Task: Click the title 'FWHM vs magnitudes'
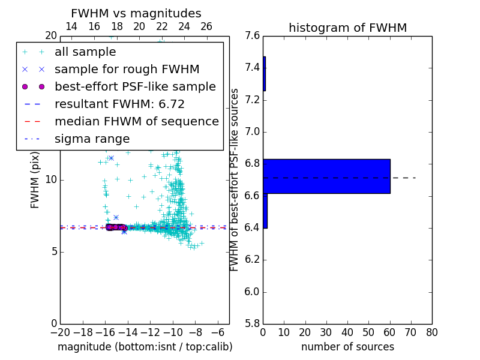[x=136, y=14]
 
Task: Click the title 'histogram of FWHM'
[x=347, y=28]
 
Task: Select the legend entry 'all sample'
[x=85, y=52]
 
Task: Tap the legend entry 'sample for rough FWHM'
[x=127, y=70]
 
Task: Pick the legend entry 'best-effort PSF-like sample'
[x=135, y=87]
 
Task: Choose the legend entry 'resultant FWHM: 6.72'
[x=119, y=104]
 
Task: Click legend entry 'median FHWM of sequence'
[x=136, y=122]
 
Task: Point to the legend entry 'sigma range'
[x=92, y=139]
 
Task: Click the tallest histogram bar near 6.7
[x=326, y=176]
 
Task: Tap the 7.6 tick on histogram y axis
[x=253, y=36]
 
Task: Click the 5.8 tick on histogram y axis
[x=253, y=323]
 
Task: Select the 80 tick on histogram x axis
[x=431, y=332]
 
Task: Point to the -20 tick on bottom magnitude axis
[x=60, y=332]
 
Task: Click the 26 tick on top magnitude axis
[x=206, y=26]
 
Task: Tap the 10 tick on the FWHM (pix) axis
[x=50, y=179]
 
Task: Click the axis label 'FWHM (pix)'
[x=35, y=179]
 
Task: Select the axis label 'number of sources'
[x=347, y=347]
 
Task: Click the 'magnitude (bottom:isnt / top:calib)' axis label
[x=145, y=347]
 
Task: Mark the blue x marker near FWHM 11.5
[x=111, y=158]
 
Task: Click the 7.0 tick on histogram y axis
[x=253, y=132]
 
